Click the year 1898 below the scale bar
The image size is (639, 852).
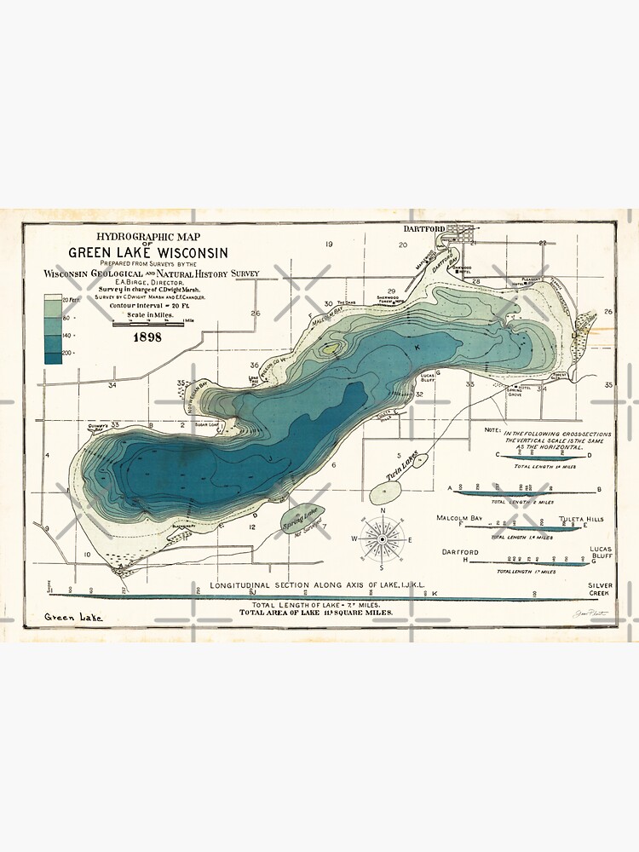(x=142, y=337)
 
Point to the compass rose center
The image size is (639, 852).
(x=383, y=538)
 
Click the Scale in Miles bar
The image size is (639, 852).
(x=148, y=323)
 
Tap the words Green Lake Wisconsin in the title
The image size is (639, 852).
(x=148, y=252)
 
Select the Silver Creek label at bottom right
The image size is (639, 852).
(x=599, y=590)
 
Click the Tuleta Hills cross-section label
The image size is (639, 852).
(x=582, y=518)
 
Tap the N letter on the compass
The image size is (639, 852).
(x=383, y=511)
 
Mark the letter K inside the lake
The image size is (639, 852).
(x=417, y=348)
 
